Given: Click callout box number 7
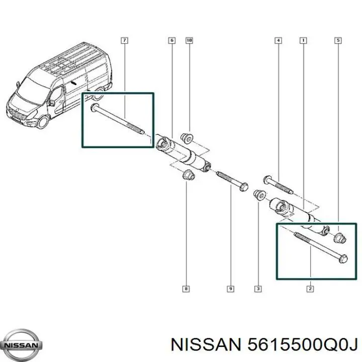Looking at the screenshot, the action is coord(125,41).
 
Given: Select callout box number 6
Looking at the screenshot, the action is coord(172,41).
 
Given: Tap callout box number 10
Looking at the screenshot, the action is coord(190,41).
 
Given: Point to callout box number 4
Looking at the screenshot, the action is coord(279,41).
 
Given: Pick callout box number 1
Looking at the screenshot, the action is coord(303,41).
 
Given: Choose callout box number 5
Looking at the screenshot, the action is coord(338,41).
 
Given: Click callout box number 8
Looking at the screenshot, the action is coord(186,289).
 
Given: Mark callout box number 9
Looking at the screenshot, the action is coord(230,289).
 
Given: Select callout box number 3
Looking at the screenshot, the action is coord(258,289).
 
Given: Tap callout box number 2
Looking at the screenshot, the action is coord(310,289).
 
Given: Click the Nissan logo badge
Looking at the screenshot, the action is coord(21,345).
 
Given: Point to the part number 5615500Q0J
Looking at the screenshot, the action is coord(302,345).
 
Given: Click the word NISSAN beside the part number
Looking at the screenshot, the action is coord(206,345).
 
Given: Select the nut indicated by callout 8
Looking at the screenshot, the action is coord(189,175).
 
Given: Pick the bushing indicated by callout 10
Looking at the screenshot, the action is coord(187,138).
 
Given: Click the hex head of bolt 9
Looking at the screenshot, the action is coord(244,187).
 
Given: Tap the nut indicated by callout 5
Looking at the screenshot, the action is coord(340,238).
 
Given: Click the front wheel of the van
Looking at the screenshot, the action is coord(43,122).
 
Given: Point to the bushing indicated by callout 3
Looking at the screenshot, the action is coord(259,195).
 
